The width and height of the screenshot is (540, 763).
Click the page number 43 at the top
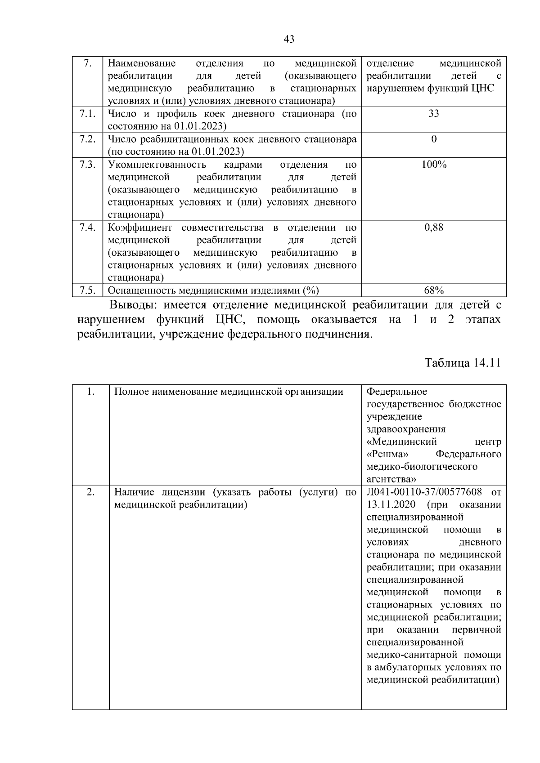pyautogui.click(x=289, y=40)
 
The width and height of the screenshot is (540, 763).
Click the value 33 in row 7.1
pyautogui.click(x=433, y=113)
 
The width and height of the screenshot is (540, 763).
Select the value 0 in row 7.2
pyautogui.click(x=433, y=139)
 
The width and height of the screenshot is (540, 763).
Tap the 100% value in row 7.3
pyautogui.click(x=433, y=165)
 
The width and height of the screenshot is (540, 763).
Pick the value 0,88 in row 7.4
pyautogui.click(x=433, y=228)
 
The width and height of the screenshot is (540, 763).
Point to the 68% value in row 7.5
pyautogui.click(x=433, y=290)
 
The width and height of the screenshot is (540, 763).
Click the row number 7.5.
pyautogui.click(x=87, y=290)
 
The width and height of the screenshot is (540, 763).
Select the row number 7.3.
pyautogui.click(x=87, y=165)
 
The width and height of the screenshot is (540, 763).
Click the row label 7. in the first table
pyautogui.click(x=88, y=63)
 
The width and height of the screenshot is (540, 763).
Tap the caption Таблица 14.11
pyautogui.click(x=463, y=363)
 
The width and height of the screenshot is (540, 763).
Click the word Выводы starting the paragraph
pyautogui.click(x=133, y=305)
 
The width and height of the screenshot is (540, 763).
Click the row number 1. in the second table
pyautogui.click(x=90, y=392)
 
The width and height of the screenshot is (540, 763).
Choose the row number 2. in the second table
pyautogui.click(x=90, y=492)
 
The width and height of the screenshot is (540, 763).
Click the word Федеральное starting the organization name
pyautogui.click(x=396, y=392)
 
